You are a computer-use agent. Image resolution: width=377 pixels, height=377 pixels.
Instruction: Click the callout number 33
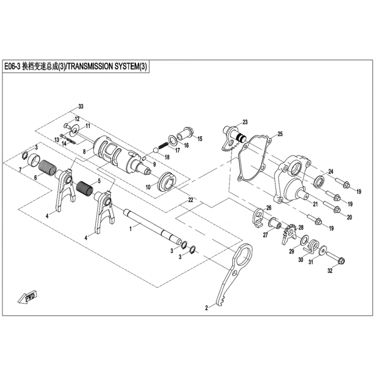pos(81,107)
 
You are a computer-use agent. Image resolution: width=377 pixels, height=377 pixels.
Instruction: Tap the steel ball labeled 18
pos(156,151)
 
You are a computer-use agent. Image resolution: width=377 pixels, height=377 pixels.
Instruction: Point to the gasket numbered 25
pos(254,159)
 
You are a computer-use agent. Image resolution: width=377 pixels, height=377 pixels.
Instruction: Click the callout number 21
pos(315,204)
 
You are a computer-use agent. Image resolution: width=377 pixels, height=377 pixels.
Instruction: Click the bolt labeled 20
pos(331,206)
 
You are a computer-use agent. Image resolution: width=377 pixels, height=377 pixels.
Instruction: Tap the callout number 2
pos(206,308)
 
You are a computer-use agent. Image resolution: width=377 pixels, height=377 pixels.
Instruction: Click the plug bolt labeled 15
pos(186,134)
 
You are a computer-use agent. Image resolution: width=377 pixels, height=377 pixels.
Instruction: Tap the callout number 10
pos(148,187)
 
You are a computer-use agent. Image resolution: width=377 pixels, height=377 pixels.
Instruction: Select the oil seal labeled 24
pos(320,181)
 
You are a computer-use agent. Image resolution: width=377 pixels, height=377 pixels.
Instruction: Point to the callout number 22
pos(191,200)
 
